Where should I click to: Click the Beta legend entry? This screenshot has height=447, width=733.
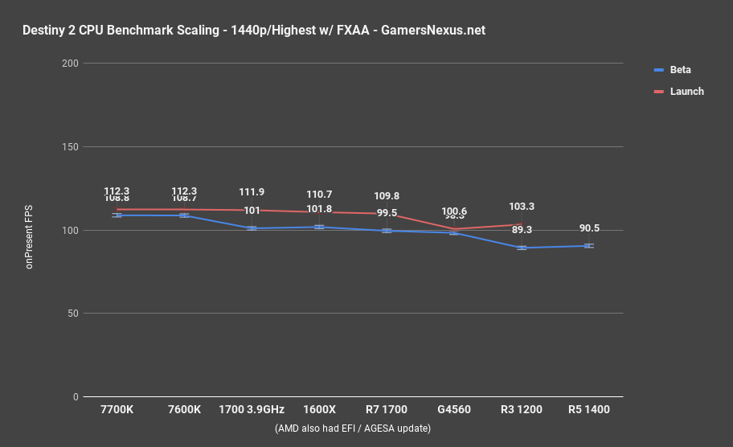680,70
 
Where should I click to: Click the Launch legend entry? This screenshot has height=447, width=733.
686,92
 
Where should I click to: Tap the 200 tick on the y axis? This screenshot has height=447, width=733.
71,64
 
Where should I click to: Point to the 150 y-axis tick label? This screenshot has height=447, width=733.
71,147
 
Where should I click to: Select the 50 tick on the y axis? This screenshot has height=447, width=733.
73,314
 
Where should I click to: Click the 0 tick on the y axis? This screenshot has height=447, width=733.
76,397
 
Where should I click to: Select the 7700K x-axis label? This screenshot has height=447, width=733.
117,410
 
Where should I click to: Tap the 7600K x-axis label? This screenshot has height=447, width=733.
184,410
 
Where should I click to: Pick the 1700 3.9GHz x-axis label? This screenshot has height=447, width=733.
252,410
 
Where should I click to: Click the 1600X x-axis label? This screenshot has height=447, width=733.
319,410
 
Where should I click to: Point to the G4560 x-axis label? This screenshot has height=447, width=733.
454,410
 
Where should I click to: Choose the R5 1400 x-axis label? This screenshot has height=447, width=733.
588,410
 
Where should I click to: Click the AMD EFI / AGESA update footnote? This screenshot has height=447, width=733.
352,429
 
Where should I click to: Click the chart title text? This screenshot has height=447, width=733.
255,31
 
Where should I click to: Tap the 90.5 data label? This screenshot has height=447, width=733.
588,228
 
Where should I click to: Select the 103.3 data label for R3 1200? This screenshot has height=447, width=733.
522,207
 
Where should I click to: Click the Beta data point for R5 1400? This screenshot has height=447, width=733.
588,246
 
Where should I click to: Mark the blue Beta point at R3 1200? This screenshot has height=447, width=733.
522,248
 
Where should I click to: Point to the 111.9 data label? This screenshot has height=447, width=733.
252,192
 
